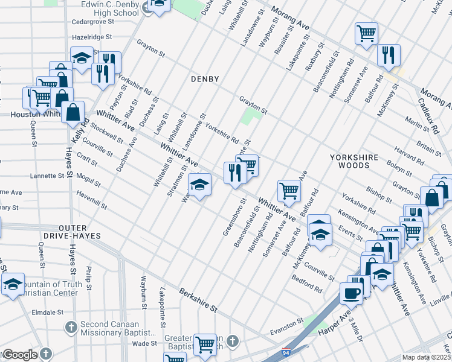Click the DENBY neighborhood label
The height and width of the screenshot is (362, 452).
[205, 79]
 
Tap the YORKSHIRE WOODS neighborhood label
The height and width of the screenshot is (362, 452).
[354, 161]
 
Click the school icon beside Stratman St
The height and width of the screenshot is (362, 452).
[199, 185]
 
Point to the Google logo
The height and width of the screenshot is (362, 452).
[19, 355]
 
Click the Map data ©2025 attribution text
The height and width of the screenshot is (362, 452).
[427, 357]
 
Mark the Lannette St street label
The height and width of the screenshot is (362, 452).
[47, 176]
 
